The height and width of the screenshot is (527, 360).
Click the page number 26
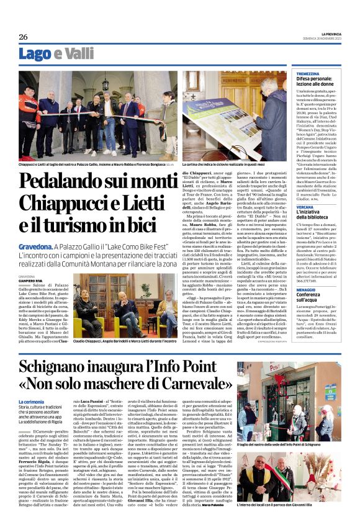tap(24, 37)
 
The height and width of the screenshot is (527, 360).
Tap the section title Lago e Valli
tap(52, 55)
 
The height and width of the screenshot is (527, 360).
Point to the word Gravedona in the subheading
tap(37, 246)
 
